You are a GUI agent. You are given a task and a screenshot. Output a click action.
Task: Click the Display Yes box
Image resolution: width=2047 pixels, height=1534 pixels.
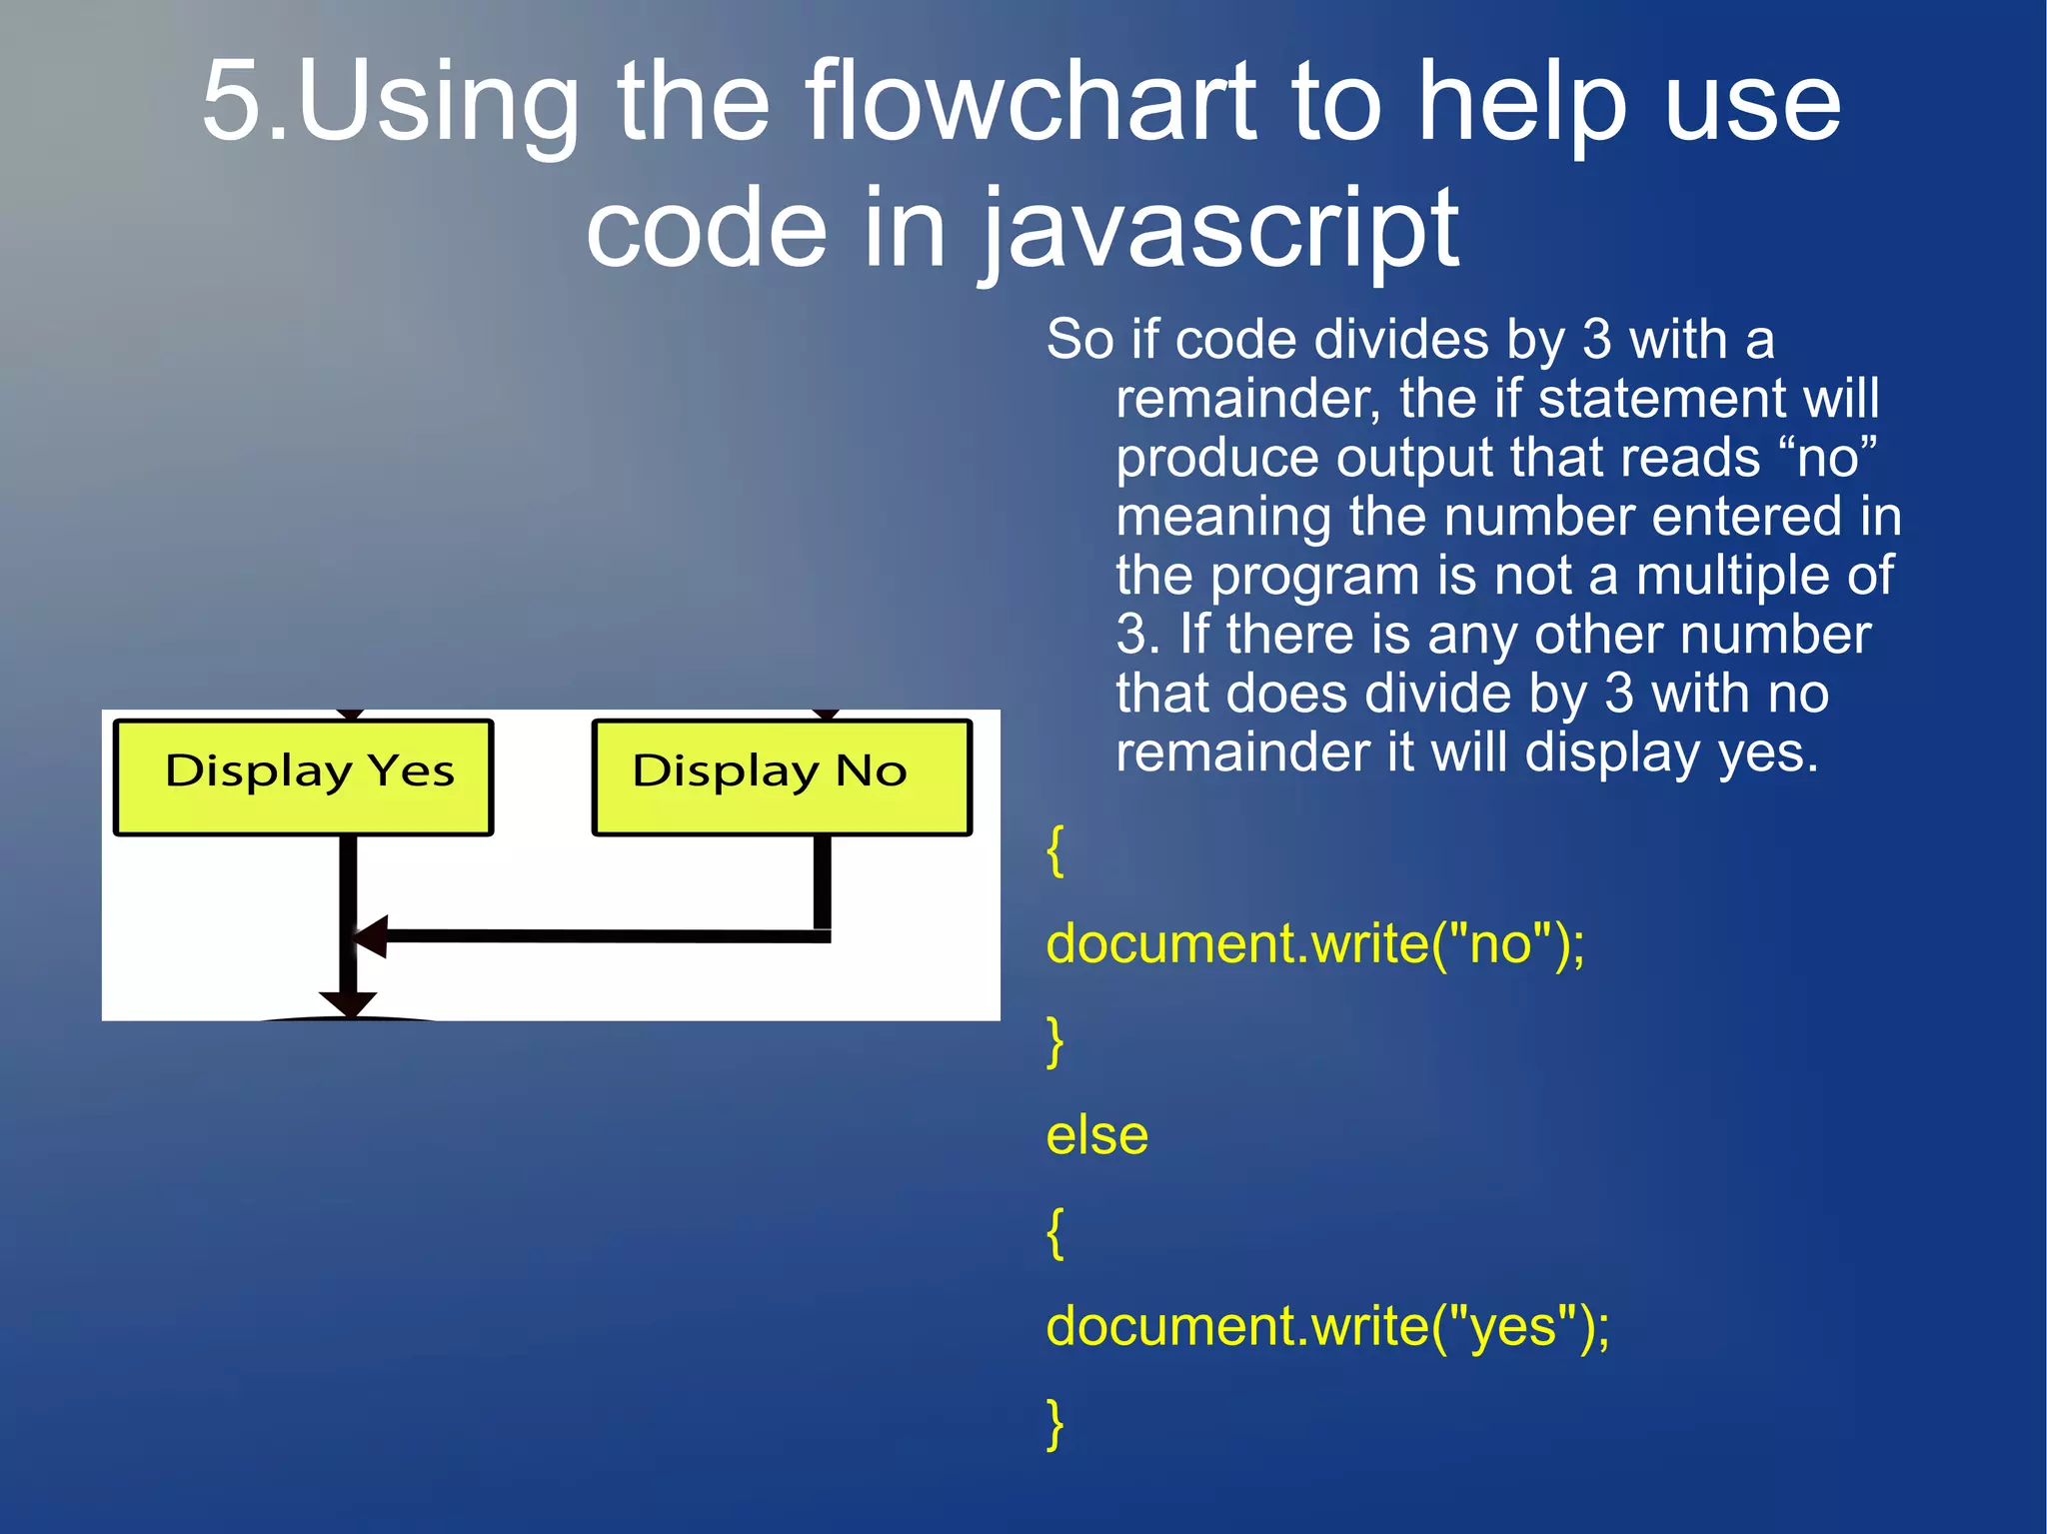[x=303, y=776]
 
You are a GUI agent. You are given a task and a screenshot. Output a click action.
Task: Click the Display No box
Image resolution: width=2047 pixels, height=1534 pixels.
[x=781, y=776]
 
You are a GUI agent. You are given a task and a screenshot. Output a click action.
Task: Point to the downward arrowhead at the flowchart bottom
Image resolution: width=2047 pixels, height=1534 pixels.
[x=348, y=1003]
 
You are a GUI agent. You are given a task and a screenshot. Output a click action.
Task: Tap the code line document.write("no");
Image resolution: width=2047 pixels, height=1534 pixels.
[x=1314, y=943]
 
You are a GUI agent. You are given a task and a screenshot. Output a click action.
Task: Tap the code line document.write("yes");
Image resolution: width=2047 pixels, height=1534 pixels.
[x=1327, y=1326]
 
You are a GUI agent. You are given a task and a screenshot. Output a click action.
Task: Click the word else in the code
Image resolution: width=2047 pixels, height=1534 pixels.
[x=1096, y=1135]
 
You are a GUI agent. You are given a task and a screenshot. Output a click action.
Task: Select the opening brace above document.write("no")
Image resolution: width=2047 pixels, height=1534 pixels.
[x=1054, y=851]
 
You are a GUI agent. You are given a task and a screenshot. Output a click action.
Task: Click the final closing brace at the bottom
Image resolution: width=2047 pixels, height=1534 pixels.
[x=1054, y=1422]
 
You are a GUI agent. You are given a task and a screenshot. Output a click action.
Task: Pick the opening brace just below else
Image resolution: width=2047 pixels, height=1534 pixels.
[x=1054, y=1232]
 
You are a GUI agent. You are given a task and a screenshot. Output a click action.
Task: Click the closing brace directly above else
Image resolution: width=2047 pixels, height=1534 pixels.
[x=1054, y=1040]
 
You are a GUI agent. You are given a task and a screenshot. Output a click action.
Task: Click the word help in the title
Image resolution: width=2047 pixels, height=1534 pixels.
[x=1521, y=102]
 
